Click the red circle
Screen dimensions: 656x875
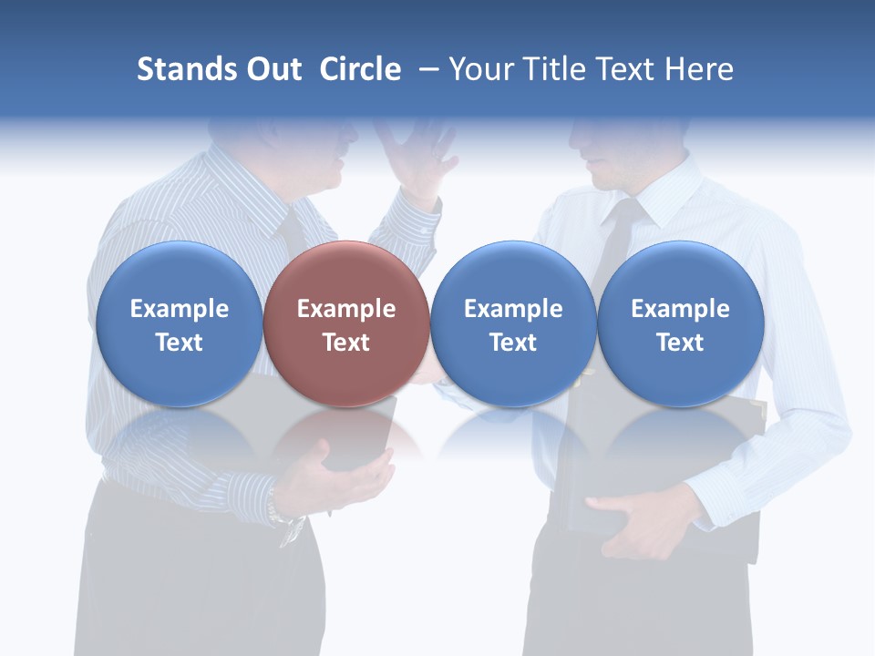coord(346,323)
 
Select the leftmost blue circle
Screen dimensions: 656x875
coord(179,323)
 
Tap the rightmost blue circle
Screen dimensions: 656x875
coord(680,323)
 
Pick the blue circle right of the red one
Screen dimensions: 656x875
coord(513,323)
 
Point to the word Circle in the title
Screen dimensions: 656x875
coord(360,69)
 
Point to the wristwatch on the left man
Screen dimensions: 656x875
coord(290,523)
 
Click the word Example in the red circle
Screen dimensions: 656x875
coord(346,309)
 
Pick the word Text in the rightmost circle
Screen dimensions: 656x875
coord(680,343)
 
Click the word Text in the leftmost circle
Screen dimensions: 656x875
coord(179,343)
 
